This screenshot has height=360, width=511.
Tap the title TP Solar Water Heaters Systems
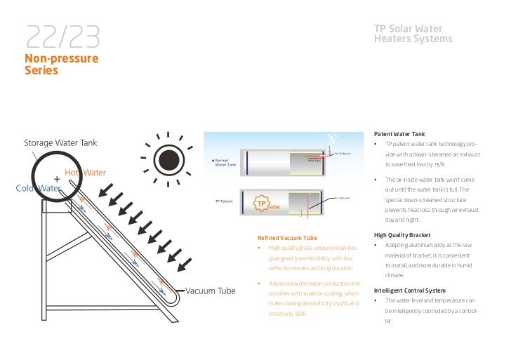point(413,34)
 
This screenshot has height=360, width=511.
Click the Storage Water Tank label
point(60,143)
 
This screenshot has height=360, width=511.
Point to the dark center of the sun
point(169,161)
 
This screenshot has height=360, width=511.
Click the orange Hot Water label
point(86,173)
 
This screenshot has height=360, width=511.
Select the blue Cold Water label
point(39,188)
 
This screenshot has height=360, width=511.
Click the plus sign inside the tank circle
point(57,178)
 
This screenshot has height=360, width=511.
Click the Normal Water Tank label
point(225,163)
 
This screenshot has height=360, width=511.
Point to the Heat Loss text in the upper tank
point(314,160)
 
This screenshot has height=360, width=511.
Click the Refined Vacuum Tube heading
point(288,238)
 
